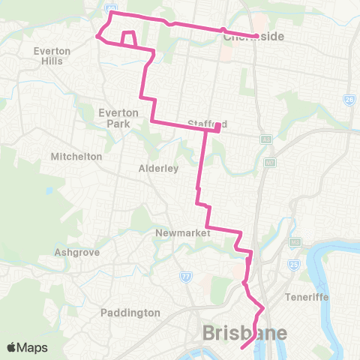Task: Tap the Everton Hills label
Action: click(x=52, y=55)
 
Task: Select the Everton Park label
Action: click(x=118, y=118)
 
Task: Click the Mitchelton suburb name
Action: click(x=75, y=157)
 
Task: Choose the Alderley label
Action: click(x=158, y=169)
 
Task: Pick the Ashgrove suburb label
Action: click(x=77, y=253)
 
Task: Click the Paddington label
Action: click(x=130, y=312)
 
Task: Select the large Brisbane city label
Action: click(x=243, y=333)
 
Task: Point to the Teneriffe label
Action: click(x=307, y=296)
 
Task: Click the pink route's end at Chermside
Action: click(x=256, y=36)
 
